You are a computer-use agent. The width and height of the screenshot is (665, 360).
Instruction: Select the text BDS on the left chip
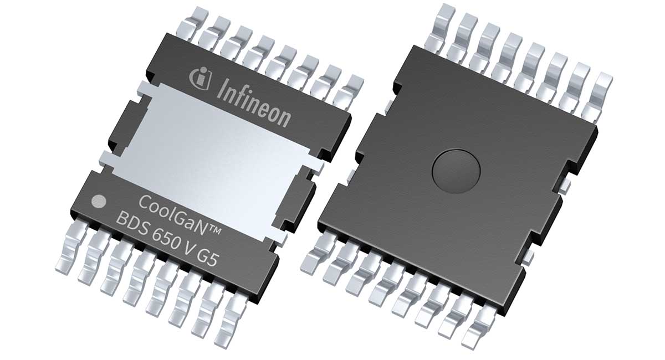132,220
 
